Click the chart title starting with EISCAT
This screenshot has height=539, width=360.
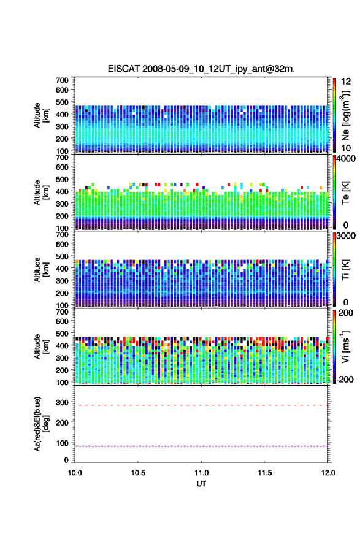(x=201, y=69)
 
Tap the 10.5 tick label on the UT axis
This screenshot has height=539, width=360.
(x=138, y=473)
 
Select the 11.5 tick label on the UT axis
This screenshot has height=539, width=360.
(x=264, y=473)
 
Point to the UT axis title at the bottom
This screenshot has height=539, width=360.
(x=201, y=484)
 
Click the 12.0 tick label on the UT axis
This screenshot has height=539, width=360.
(x=328, y=473)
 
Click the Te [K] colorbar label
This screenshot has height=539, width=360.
(x=345, y=193)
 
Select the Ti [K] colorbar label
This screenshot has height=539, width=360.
(x=345, y=270)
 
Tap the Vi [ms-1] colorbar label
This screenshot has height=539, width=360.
(x=345, y=346)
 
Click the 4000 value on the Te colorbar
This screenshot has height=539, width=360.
(x=346, y=159)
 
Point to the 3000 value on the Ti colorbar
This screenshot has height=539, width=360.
(x=346, y=236)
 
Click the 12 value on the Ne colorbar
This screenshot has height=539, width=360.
(x=346, y=82)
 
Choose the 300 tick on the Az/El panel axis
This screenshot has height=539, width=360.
(x=62, y=402)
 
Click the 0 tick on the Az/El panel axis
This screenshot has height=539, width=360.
(x=66, y=460)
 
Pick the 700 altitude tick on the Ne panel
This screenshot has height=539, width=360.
(x=62, y=80)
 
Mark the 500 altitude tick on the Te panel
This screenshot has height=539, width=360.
(x=62, y=179)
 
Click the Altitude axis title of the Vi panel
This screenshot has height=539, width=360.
(x=41, y=346)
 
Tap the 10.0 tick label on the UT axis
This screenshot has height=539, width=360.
(x=75, y=473)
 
